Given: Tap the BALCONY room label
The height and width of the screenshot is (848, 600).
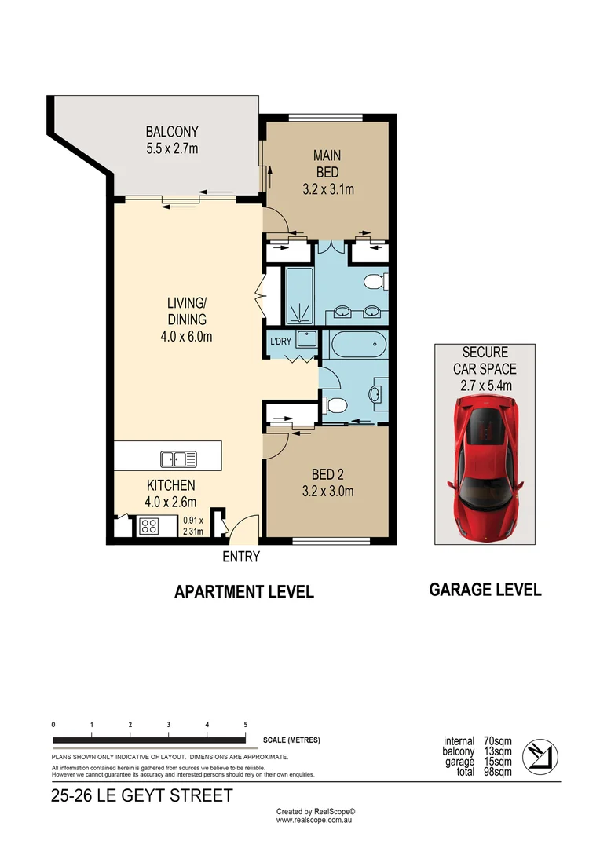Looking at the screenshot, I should point(172,132).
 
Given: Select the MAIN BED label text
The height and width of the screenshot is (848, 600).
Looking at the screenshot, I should point(327,163).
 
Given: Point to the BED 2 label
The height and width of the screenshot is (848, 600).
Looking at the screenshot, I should point(327,474).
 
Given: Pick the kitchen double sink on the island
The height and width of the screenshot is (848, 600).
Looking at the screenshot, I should point(178,458).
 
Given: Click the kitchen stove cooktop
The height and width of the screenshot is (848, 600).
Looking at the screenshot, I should point(148,526).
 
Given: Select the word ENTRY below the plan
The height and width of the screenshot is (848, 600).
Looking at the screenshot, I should point(241,557).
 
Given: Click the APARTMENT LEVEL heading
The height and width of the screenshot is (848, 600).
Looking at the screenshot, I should point(243,592).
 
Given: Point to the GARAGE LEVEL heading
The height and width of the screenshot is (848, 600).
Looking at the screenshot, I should point(485,590).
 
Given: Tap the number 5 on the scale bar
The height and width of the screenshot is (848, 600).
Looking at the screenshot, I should point(246,725).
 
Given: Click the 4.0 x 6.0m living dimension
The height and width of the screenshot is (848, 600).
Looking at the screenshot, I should point(186,337).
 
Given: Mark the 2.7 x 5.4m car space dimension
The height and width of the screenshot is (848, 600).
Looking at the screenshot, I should point(485,385).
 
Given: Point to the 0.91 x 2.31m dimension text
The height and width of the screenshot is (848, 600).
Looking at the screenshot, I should point(193,525).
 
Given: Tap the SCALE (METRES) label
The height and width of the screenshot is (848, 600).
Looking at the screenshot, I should point(292,740).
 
